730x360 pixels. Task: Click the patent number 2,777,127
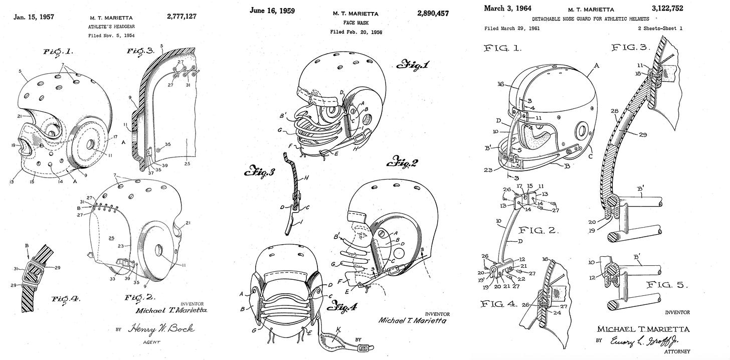pyautogui.click(x=181, y=17)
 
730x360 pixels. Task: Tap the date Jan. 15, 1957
pyautogui.click(x=34, y=17)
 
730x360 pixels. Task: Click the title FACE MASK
pyautogui.click(x=355, y=23)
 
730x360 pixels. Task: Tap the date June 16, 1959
pyautogui.click(x=271, y=11)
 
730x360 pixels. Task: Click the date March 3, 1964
pyautogui.click(x=507, y=8)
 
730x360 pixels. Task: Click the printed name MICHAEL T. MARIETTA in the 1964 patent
pyautogui.click(x=643, y=329)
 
